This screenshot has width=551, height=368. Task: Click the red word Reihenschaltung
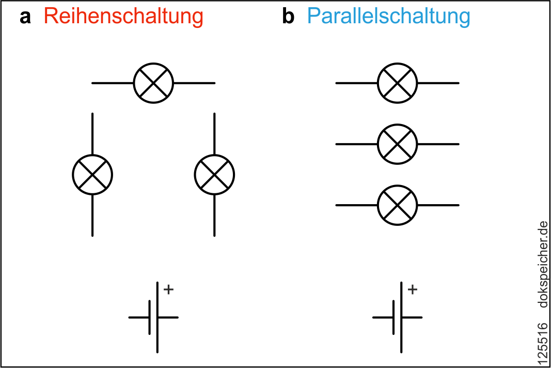point(123,17)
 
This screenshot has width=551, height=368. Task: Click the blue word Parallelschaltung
point(388,17)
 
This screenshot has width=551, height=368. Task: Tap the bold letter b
point(288,17)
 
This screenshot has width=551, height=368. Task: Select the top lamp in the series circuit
point(153,83)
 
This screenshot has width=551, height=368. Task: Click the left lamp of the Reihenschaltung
point(92,175)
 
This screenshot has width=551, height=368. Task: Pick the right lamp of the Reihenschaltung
point(214,175)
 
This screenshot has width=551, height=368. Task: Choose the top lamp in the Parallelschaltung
point(397,83)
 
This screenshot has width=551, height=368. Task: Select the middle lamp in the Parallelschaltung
point(397,144)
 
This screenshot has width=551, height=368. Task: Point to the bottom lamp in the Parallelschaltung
point(397,205)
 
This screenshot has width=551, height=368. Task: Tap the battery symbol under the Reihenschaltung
point(154,317)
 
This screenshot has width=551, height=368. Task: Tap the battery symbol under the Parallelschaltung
point(398,317)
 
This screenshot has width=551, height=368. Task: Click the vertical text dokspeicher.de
point(542,264)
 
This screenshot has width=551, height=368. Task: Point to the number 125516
point(542,342)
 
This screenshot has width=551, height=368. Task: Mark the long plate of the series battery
point(158,331)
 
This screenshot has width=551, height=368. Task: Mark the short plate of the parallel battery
point(393,317)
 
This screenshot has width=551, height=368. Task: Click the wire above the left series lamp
point(92,133)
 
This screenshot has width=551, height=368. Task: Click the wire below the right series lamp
point(214,216)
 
